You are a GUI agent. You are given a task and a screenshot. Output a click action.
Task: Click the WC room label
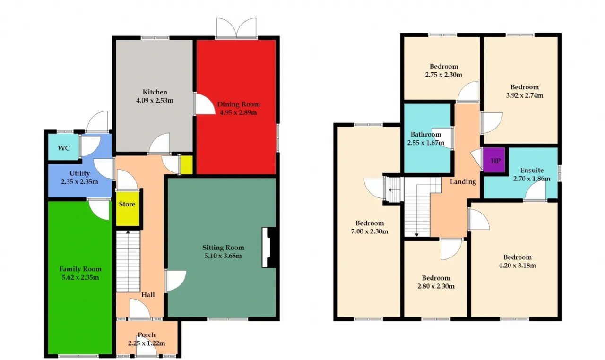point(64,148)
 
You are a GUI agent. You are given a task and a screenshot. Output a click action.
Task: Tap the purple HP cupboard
point(494,160)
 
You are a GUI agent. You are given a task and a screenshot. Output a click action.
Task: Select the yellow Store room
point(128,209)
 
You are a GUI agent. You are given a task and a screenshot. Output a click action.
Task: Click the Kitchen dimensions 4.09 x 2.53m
point(155,100)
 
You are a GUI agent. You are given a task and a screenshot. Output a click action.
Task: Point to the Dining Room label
point(239,104)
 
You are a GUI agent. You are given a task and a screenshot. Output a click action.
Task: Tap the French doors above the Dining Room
point(236,28)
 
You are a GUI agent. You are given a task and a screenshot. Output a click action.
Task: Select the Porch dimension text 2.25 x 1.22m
point(147,343)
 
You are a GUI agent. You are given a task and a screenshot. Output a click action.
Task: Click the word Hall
point(148,295)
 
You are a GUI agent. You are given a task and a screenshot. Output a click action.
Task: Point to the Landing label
point(463,181)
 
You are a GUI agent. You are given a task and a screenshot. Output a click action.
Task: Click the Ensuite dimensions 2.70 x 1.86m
point(532,179)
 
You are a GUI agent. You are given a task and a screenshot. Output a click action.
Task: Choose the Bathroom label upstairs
point(426,134)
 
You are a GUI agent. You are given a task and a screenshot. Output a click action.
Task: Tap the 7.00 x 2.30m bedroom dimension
point(370,231)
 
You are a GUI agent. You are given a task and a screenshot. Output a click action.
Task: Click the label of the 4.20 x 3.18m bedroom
point(517,257)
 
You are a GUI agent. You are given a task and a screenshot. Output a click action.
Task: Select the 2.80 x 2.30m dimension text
point(436,286)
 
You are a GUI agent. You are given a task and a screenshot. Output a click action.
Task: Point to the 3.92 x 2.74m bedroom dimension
point(525,95)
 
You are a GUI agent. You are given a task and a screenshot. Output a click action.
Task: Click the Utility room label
point(80,173)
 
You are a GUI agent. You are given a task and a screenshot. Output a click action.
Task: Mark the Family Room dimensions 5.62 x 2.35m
point(80,277)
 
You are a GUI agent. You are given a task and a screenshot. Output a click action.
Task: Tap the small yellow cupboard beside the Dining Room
point(186,164)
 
